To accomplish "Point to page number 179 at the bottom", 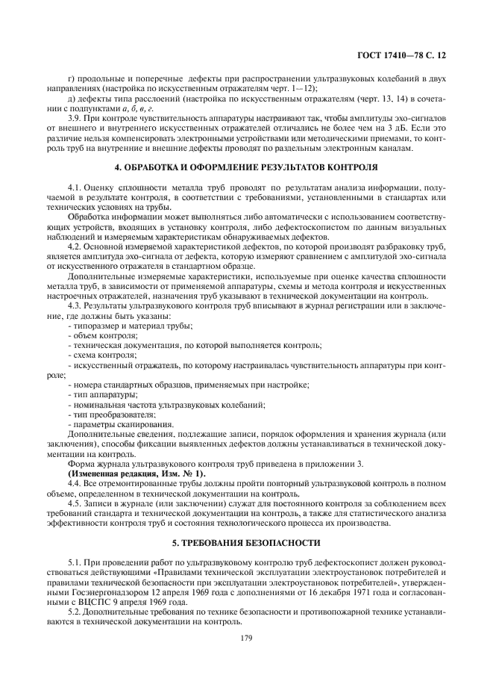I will click(x=246, y=638).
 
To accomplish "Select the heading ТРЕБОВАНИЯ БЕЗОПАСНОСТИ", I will click(x=246, y=542).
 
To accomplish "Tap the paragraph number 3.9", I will click(x=74, y=118).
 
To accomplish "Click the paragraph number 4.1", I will click(x=74, y=184).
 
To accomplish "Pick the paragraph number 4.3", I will click(x=74, y=306).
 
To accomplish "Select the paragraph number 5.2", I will click(x=74, y=611).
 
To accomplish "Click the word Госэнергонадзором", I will click(x=97, y=591).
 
